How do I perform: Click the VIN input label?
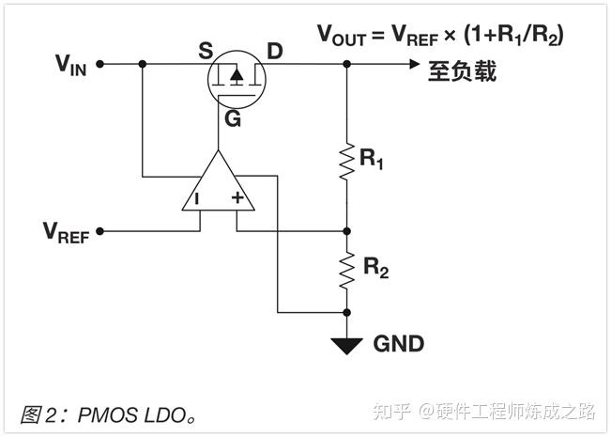coord(71,65)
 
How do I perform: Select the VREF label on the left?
coord(66,231)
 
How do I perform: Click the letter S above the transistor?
coord(206,50)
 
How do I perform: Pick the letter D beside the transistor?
coord(274,50)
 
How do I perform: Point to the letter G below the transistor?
coord(232,118)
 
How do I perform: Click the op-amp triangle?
coord(219,187)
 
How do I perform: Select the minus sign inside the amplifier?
coord(198,199)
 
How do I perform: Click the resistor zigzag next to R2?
coord(347,269)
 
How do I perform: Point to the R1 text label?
coord(373,159)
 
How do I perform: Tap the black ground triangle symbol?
coord(347,345)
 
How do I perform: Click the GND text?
coord(398,344)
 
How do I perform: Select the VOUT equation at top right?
coord(440,36)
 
